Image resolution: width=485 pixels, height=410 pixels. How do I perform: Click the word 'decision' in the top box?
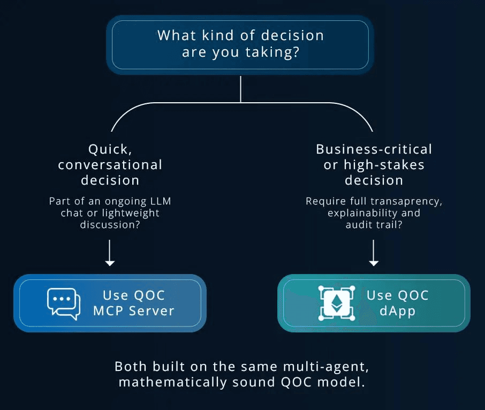tap(292, 36)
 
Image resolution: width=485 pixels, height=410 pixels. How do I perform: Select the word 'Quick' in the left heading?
tap(109, 149)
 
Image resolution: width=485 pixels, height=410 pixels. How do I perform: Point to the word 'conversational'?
tap(110, 164)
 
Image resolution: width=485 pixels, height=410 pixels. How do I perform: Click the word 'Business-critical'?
tap(374, 149)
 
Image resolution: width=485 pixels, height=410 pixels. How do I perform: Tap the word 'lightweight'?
tap(132, 212)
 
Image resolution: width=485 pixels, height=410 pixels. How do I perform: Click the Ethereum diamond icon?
tap(336, 303)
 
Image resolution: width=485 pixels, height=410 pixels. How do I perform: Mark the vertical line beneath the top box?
tap(241, 88)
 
